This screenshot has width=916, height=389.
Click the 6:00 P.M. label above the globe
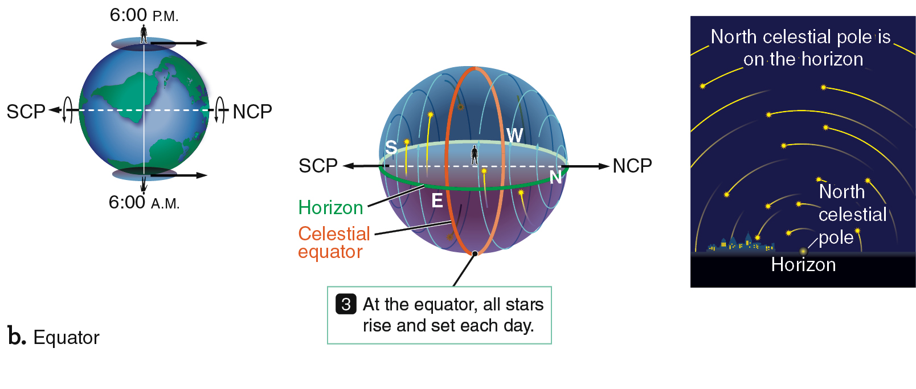pyautogui.click(x=144, y=15)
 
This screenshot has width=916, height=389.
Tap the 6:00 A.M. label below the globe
pyautogui.click(x=144, y=203)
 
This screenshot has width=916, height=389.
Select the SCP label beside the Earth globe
pyautogui.click(x=26, y=112)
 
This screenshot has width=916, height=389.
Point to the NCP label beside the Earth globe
pyautogui.click(x=252, y=112)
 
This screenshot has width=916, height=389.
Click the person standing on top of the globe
pyautogui.click(x=144, y=34)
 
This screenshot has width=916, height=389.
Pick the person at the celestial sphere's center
pyautogui.click(x=475, y=155)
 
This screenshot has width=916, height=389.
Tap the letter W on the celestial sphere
pyautogui.click(x=514, y=136)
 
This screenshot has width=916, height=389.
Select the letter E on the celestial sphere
pyautogui.click(x=437, y=201)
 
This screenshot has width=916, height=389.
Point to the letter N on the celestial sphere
pyautogui.click(x=555, y=177)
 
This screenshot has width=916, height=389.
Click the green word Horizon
pyautogui.click(x=330, y=207)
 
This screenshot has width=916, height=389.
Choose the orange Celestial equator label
pyautogui.click(x=334, y=242)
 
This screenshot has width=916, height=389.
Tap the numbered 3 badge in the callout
pyautogui.click(x=346, y=304)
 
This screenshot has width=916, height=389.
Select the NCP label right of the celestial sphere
pyautogui.click(x=632, y=166)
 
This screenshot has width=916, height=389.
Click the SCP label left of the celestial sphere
pyautogui.click(x=318, y=166)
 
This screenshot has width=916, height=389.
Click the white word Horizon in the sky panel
pyautogui.click(x=804, y=265)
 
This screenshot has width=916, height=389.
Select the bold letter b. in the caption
pyautogui.click(x=17, y=337)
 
